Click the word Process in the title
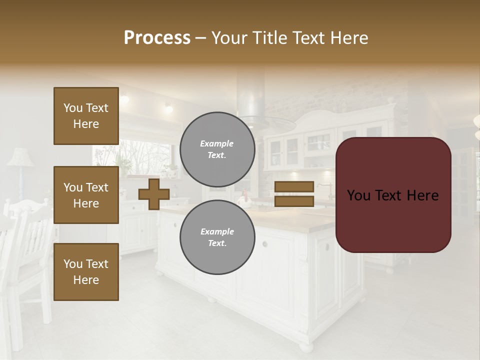tap(157, 38)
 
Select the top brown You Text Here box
tap(86, 116)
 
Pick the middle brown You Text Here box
tap(86, 195)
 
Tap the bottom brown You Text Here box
tap(86, 272)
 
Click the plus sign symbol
tap(154, 193)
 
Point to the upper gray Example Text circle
tap(217, 149)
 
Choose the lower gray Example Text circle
tap(217, 237)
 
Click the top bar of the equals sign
tap(294, 186)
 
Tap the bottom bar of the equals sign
tap(294, 201)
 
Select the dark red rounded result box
tap(393, 195)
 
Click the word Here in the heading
tap(348, 38)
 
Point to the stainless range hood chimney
tap(251, 95)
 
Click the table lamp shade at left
tap(20, 157)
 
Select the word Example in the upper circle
tap(217, 143)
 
